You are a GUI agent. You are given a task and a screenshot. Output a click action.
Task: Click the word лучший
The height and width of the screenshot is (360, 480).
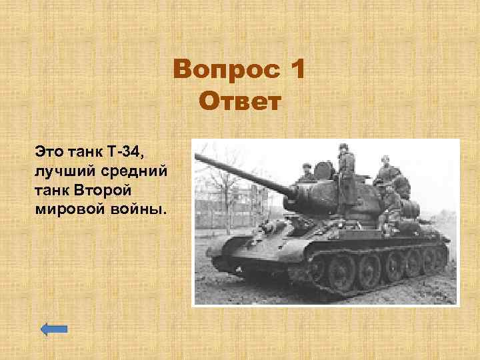click(62, 169)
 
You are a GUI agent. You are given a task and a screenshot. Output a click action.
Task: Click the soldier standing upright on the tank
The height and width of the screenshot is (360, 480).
click(346, 177)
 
